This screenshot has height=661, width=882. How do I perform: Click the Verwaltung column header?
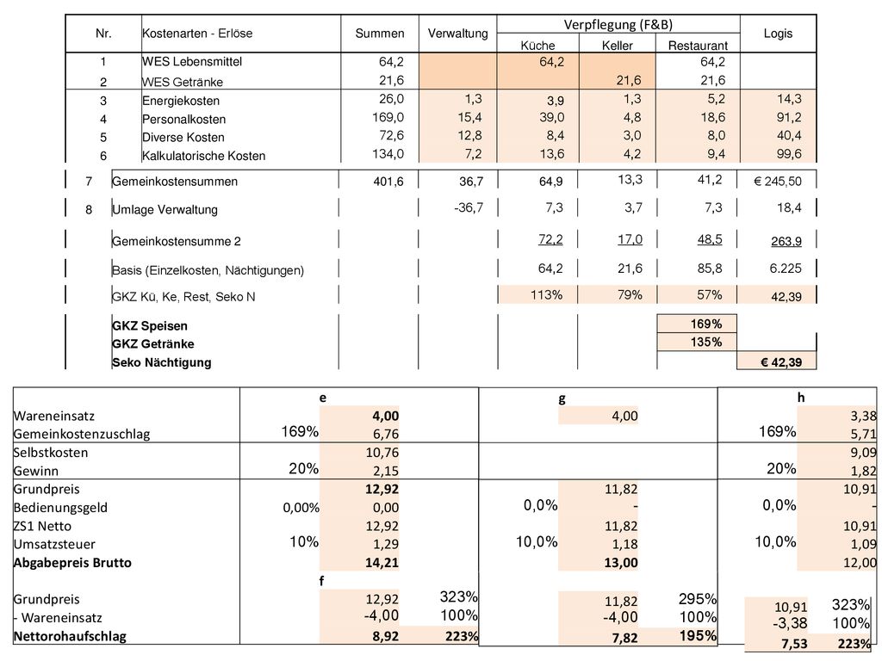(458, 34)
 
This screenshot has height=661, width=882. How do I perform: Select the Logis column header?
(778, 34)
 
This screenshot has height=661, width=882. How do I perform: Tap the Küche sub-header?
(537, 46)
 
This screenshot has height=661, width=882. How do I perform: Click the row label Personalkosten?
(184, 119)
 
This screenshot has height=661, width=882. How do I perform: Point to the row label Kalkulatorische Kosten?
(203, 156)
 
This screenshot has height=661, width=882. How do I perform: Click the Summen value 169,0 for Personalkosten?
(388, 117)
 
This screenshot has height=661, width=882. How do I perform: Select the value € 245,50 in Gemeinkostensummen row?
(778, 182)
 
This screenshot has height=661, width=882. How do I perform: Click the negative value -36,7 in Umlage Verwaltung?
(469, 208)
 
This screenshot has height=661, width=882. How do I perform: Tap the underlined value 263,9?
(786, 241)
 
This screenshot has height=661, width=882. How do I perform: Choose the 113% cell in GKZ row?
(547, 295)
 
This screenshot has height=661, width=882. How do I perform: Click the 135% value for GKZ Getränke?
(706, 343)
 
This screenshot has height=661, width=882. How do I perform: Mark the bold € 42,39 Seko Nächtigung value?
(780, 362)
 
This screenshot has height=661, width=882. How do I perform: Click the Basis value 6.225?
(786, 269)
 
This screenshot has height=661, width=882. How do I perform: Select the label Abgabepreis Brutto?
(72, 563)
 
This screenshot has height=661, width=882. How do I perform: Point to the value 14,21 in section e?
(382, 563)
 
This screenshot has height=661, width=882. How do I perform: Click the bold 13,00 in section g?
(621, 563)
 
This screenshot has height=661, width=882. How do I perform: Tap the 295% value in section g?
(698, 599)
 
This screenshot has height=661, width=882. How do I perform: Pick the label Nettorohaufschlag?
(71, 637)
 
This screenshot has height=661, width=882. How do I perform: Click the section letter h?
(801, 398)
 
